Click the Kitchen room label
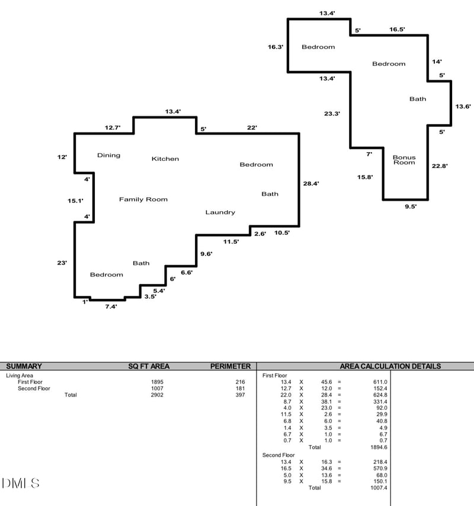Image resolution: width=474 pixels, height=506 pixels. point(165,159)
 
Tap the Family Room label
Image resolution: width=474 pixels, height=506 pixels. point(143,199)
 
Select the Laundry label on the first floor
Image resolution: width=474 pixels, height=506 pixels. point(220,212)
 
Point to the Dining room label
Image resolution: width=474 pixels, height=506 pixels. point(109,155)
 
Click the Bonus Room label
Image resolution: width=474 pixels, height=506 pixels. point(404,160)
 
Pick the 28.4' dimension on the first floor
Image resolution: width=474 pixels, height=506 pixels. point(311,183)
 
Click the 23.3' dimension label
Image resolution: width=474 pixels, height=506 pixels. point(332,114)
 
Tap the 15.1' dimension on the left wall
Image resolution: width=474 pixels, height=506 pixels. point(75,201)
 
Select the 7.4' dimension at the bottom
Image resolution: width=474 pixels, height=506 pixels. point(111,307)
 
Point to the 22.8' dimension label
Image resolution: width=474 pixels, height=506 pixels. point(440,166)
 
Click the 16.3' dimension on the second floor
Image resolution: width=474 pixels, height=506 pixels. point(276,47)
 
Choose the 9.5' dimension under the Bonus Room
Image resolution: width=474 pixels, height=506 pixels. point(411,207)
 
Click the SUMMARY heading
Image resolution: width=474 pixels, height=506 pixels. point(24,366)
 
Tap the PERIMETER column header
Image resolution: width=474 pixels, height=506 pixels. point(230,366)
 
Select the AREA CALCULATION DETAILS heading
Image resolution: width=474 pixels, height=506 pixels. point(390,366)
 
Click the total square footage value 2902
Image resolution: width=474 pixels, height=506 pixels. point(157,395)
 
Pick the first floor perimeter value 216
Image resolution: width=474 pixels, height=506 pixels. point(240,382)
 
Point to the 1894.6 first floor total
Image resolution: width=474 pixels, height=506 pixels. point(379,447)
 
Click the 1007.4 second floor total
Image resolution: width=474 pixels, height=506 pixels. point(379,488)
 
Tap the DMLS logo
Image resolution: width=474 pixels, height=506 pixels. point(21,483)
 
